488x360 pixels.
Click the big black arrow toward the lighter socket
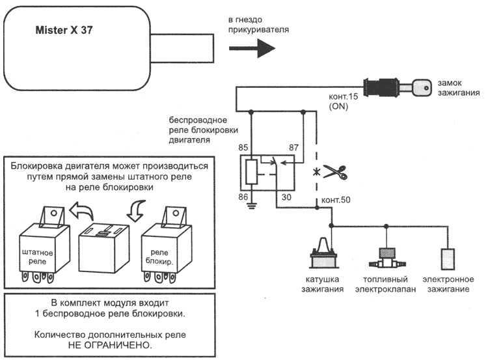click(x=253, y=47)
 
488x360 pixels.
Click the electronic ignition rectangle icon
click(x=448, y=258)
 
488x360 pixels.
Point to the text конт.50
click(x=336, y=199)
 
